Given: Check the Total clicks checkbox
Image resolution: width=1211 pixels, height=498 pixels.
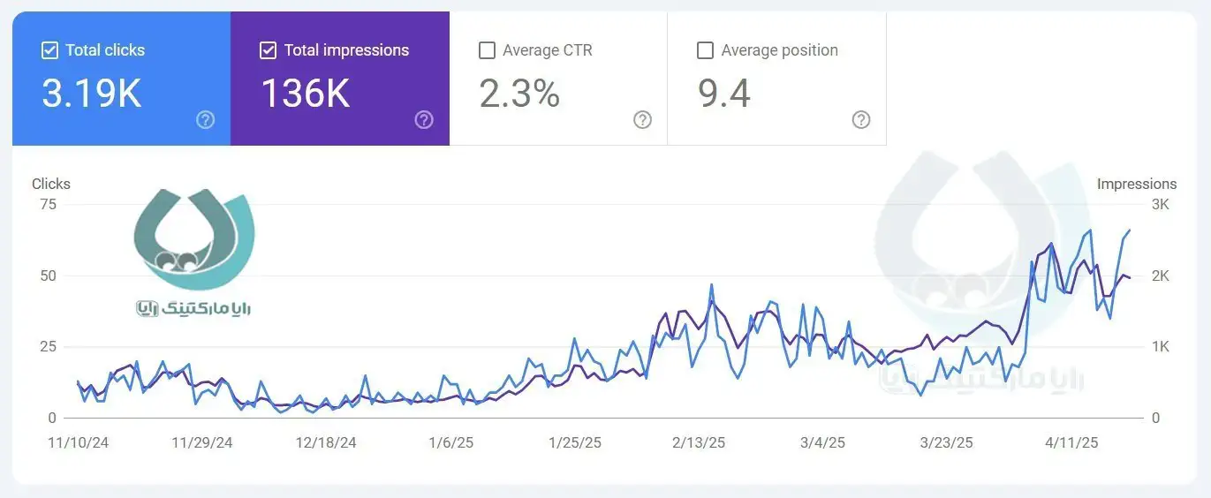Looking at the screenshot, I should (50, 50).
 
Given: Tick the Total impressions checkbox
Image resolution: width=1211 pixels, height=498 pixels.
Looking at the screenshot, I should (269, 50).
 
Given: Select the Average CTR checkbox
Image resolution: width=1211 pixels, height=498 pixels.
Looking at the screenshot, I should (487, 50).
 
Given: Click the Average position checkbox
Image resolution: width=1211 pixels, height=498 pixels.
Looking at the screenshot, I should (705, 50).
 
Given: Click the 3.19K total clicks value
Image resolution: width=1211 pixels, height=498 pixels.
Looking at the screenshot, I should (92, 93).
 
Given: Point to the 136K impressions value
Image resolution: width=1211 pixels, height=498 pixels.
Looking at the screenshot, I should (306, 93).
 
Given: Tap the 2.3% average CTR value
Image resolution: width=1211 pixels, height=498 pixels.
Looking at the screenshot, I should (519, 93).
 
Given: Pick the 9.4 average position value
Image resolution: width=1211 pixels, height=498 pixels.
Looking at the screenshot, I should (724, 93).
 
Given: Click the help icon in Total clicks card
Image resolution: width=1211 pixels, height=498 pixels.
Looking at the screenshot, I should (206, 120).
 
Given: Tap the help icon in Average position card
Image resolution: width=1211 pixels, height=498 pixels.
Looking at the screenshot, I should (861, 120).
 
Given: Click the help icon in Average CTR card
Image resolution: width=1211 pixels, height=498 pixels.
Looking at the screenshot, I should (643, 120).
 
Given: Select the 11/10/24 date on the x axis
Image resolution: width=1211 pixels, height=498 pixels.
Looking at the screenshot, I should (78, 442).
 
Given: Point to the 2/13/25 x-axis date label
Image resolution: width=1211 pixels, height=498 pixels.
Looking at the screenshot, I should (699, 442).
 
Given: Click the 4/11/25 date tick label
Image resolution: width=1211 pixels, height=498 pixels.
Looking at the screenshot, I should (1071, 442).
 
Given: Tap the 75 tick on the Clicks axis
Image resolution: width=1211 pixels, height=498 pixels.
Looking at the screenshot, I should (48, 205).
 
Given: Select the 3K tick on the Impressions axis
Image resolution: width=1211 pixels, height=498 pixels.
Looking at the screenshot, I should (1161, 205).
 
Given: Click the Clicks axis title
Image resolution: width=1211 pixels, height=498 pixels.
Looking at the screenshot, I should (51, 184).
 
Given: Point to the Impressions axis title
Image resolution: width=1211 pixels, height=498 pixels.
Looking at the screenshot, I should (1137, 184).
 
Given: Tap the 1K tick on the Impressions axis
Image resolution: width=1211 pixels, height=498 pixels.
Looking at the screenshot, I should (1161, 347).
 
